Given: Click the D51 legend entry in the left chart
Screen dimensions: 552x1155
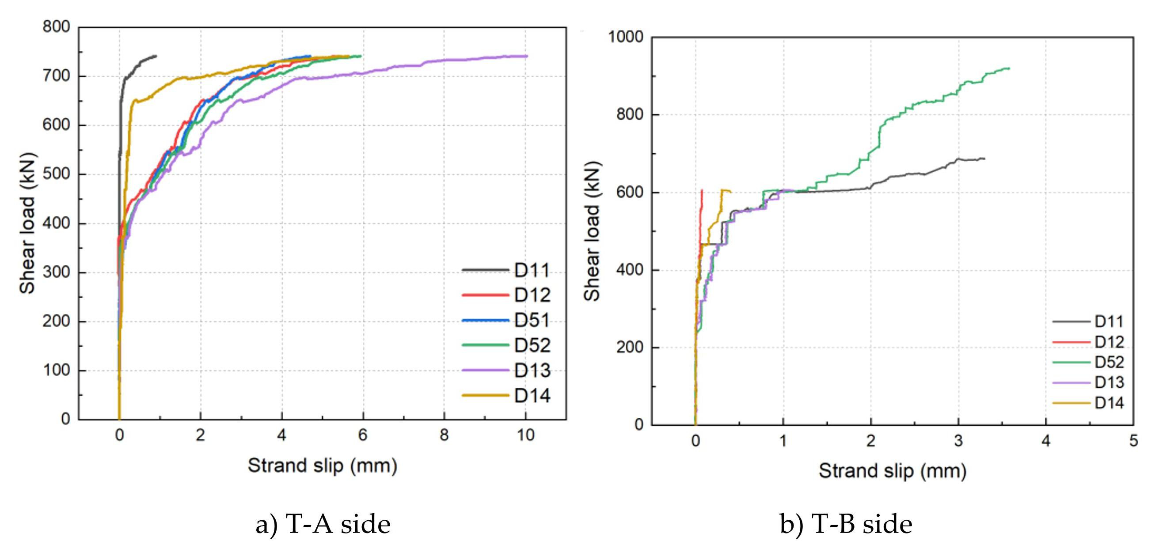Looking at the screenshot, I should pyautogui.click(x=532, y=320).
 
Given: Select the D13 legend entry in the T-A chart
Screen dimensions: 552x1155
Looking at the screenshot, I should pyautogui.click(x=532, y=370).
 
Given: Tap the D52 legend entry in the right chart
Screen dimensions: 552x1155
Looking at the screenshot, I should pyautogui.click(x=1109, y=362).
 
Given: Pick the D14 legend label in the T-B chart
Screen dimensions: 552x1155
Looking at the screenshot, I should pyautogui.click(x=1109, y=403).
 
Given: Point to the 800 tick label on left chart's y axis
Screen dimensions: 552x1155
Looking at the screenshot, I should pyautogui.click(x=57, y=27).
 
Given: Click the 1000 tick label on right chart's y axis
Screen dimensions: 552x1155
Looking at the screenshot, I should pyautogui.click(x=626, y=37).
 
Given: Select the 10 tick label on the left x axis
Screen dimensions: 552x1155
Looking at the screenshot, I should pyautogui.click(x=525, y=435).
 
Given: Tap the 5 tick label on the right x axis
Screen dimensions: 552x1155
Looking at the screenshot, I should pyautogui.click(x=1133, y=441).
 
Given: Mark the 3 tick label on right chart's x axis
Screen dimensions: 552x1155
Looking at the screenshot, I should pyautogui.click(x=958, y=441).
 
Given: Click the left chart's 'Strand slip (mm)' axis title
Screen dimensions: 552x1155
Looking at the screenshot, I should pyautogui.click(x=323, y=465).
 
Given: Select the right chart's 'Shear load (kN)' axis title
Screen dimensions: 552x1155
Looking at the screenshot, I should pyautogui.click(x=592, y=231).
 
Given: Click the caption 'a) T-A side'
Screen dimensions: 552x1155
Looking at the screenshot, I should pyautogui.click(x=323, y=524).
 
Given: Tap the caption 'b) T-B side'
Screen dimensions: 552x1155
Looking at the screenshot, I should pyautogui.click(x=846, y=524).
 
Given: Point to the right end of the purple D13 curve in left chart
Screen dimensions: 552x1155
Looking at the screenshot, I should pyautogui.click(x=527, y=56).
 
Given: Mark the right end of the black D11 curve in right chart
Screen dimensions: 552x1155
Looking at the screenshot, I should pyautogui.click(x=984, y=159).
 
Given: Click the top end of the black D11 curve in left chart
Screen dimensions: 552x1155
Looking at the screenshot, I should pyautogui.click(x=156, y=56).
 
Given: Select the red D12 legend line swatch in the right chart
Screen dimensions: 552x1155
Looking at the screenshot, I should pyautogui.click(x=1071, y=342).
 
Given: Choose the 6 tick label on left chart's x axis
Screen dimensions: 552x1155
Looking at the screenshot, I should pyautogui.click(x=363, y=435).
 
